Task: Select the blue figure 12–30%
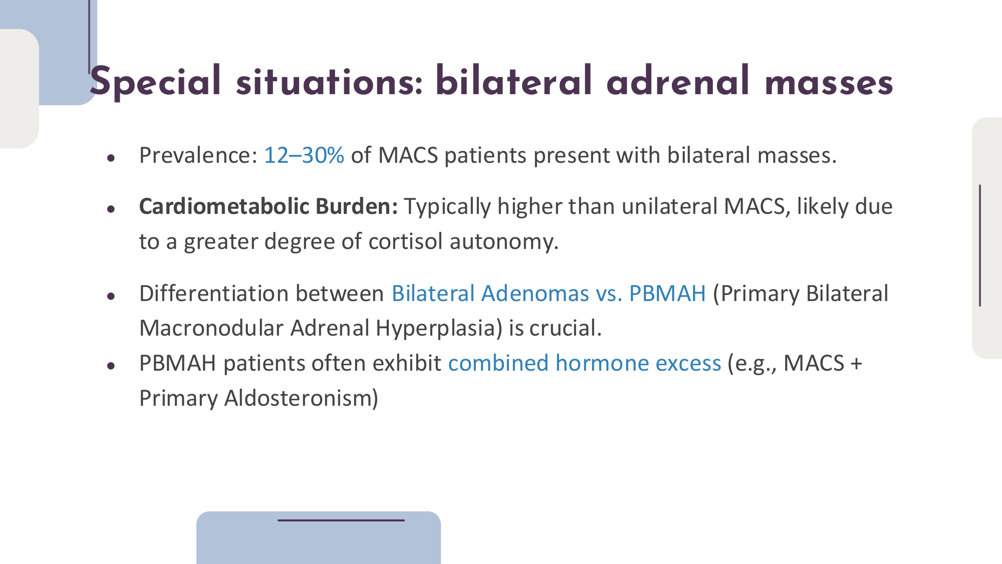304,155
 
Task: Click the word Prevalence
198,155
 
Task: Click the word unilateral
670,206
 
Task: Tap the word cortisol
406,241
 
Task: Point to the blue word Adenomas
535,294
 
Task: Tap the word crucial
566,328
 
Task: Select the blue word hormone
602,363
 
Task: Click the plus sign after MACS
856,364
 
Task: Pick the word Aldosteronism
301,399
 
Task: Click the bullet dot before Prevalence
111,158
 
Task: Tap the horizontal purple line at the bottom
341,520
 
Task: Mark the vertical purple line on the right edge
980,245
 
